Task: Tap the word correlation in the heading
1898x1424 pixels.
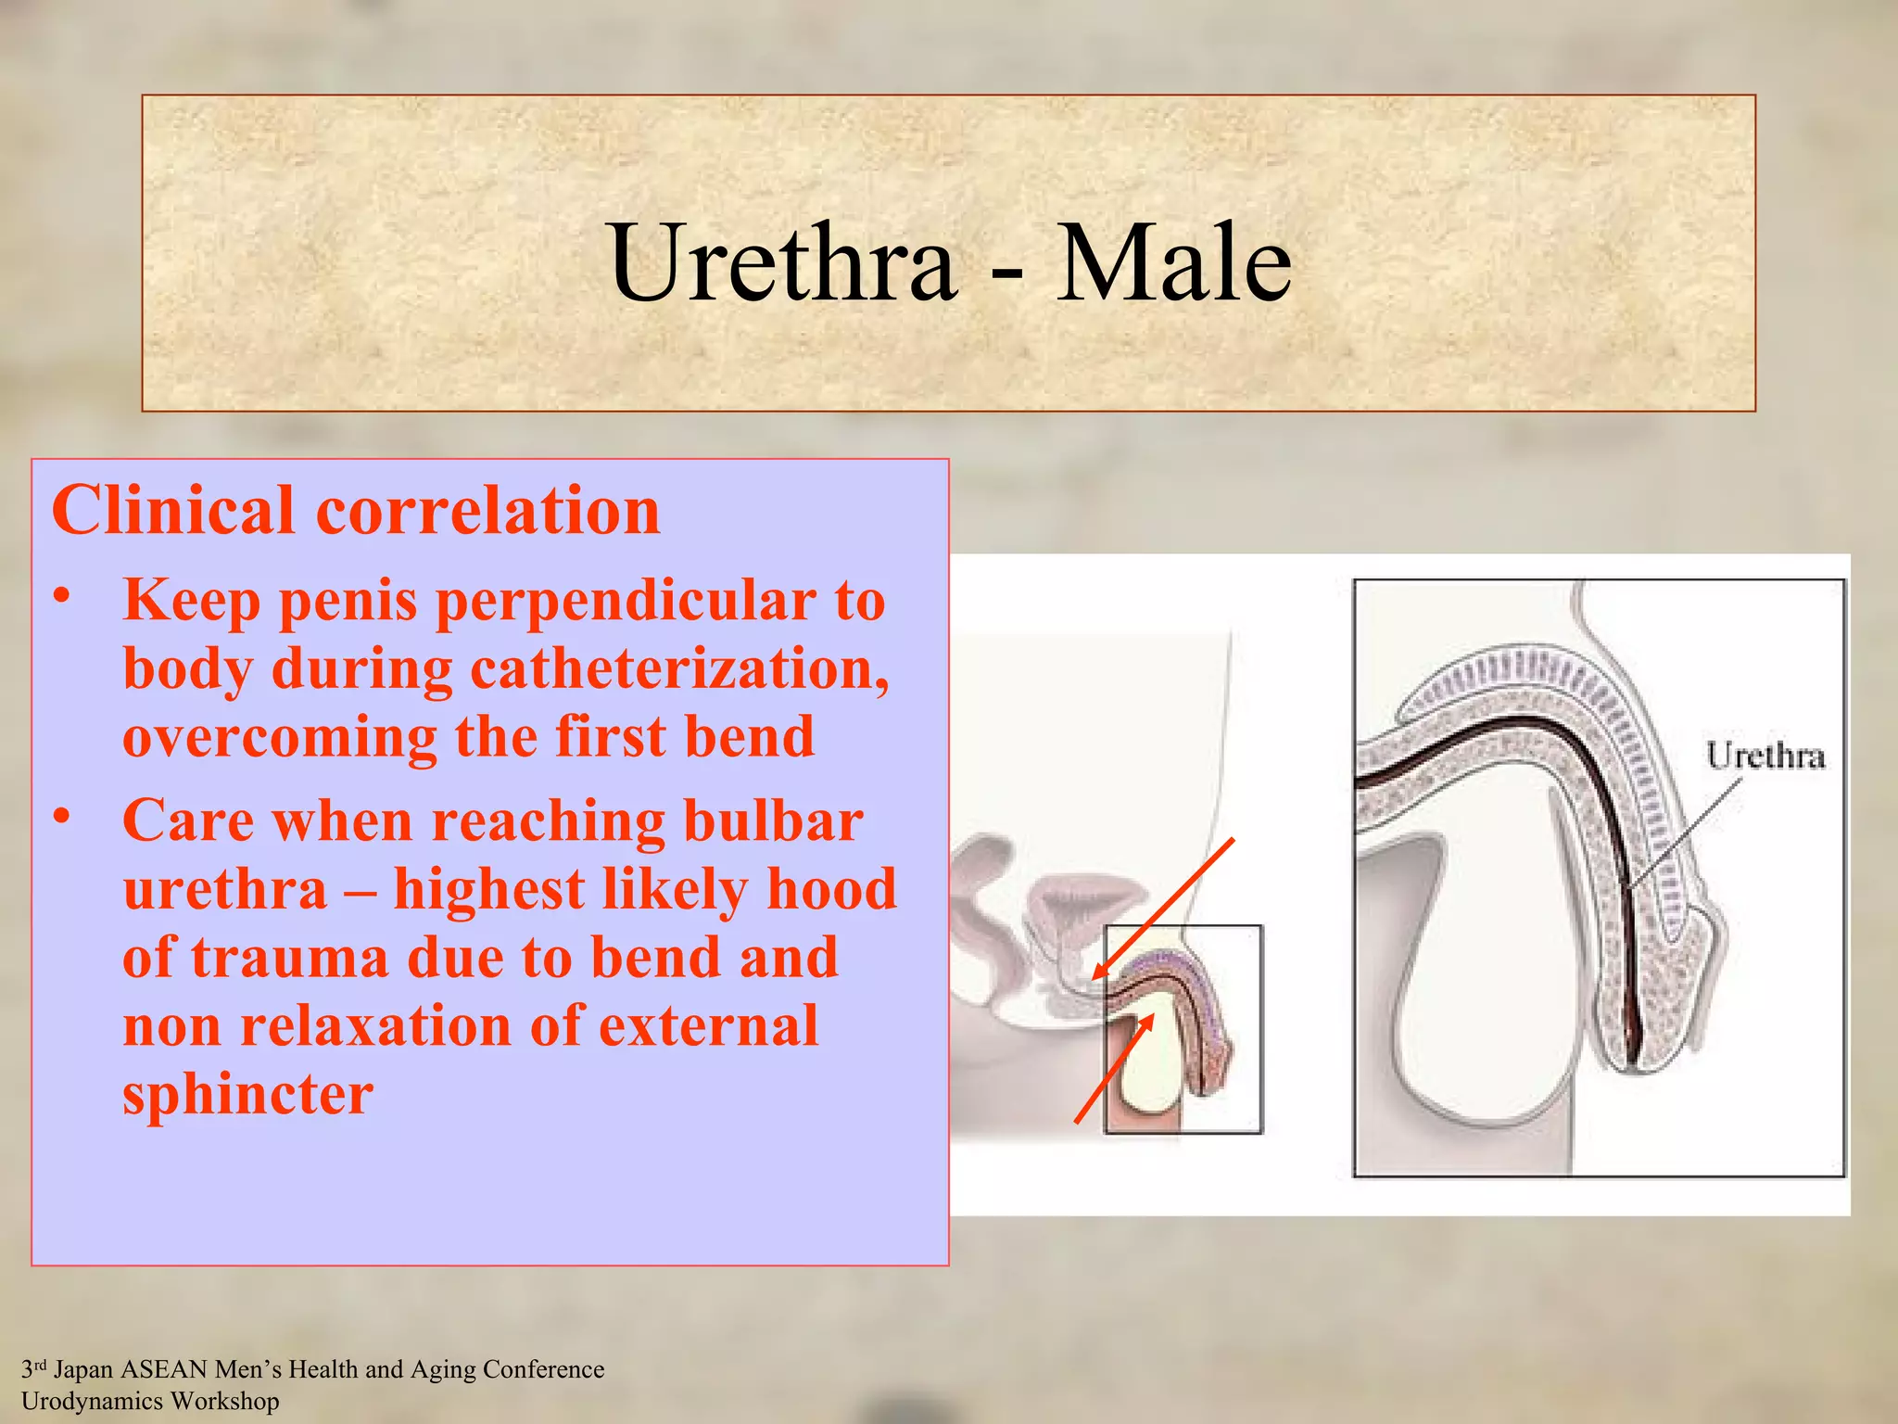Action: (x=488, y=511)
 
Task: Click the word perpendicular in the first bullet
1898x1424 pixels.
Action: (x=627, y=601)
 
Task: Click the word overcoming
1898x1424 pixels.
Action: (x=279, y=737)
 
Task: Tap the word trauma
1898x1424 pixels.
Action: (x=290, y=958)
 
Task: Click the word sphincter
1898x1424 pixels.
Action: (x=248, y=1094)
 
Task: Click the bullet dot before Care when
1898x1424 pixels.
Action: (x=62, y=817)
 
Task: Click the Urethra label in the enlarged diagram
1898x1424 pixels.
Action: (x=1765, y=756)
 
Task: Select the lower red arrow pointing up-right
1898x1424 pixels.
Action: (x=1114, y=1069)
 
